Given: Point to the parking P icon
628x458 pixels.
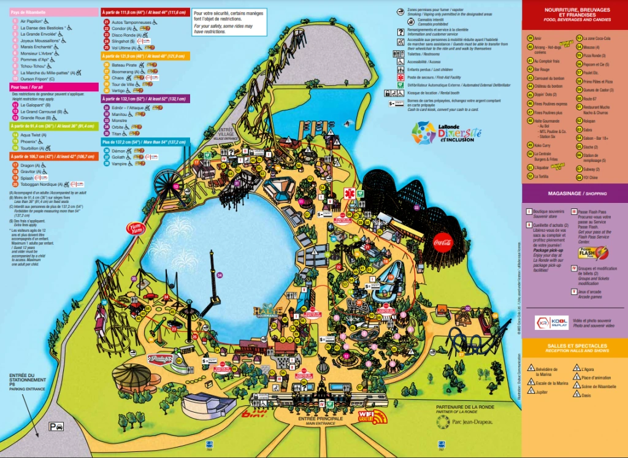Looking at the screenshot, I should click(x=57, y=427).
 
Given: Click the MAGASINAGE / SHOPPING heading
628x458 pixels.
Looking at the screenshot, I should click(x=575, y=193).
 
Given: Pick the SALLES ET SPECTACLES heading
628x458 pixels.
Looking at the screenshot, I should click(x=575, y=347).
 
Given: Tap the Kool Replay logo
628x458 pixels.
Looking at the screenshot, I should click(x=551, y=322).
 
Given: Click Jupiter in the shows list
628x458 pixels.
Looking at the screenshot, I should click(x=542, y=391).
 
